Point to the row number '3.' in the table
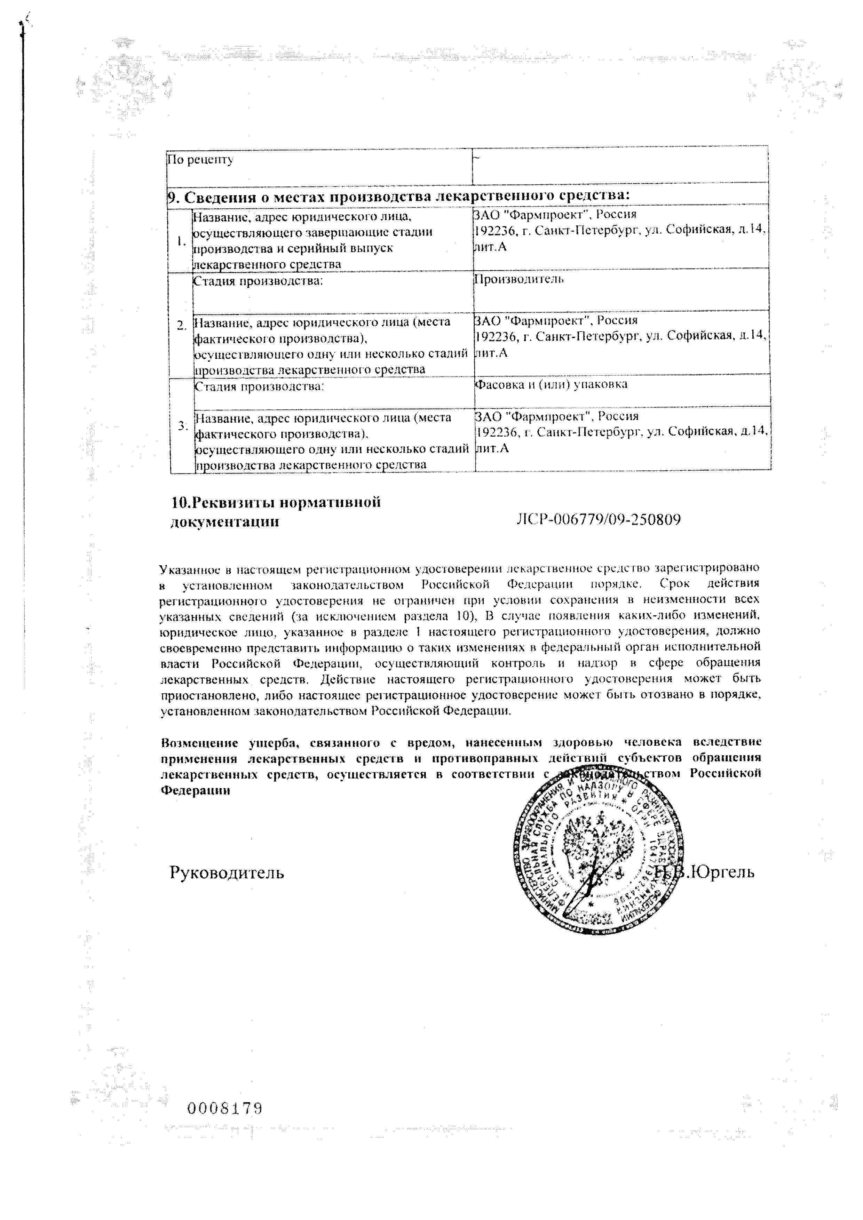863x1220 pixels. tap(183, 425)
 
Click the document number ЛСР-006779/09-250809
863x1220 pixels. tap(599, 520)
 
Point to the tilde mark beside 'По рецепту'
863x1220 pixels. tap(476, 156)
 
